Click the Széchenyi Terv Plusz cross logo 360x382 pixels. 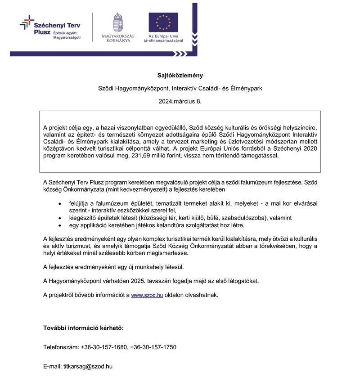[x=27, y=22]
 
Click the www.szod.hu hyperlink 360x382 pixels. [x=147, y=295]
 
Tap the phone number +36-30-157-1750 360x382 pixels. [x=153, y=347]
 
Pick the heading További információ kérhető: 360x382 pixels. [x=83, y=328]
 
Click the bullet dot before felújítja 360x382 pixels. [x=60, y=204]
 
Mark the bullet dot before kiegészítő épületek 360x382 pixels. [x=60, y=218]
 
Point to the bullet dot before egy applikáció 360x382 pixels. [x=60, y=225]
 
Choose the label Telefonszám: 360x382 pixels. [x=61, y=347]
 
